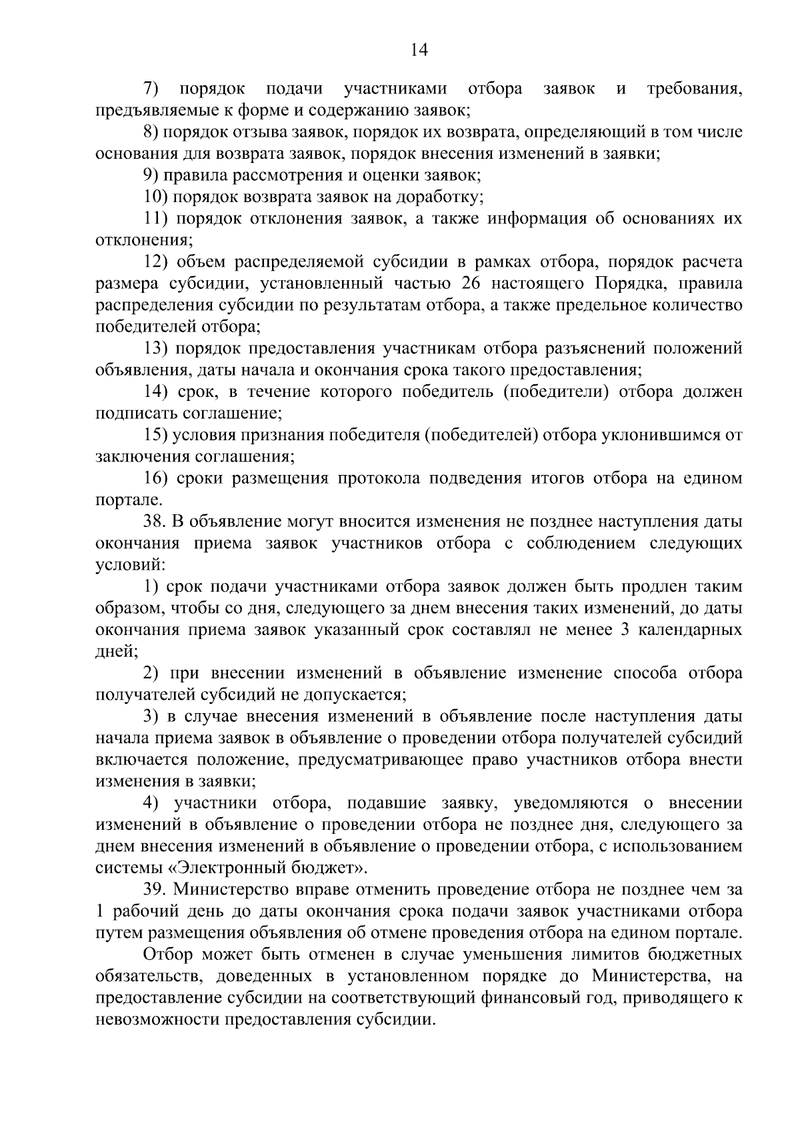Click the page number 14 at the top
tap(419, 50)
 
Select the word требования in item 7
tap(694, 89)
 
